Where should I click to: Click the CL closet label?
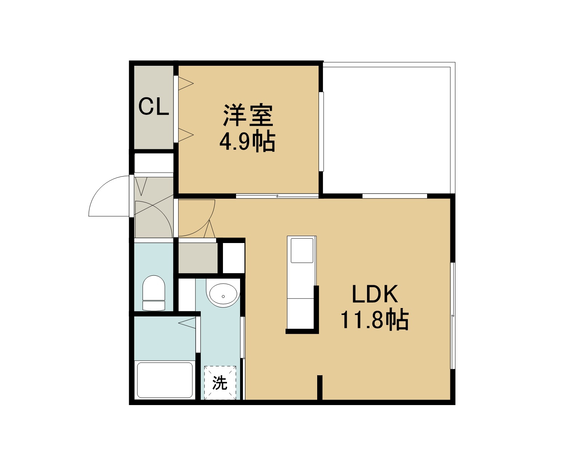point(154,107)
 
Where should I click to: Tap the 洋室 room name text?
point(248,116)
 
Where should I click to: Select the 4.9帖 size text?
point(247,142)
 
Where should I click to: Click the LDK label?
point(375,294)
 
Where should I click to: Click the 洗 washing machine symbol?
point(220,383)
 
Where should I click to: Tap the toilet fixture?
point(154,293)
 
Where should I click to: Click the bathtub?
point(165,380)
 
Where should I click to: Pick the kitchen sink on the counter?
point(302,250)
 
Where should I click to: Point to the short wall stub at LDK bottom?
point(320,388)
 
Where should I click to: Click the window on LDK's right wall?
point(453,316)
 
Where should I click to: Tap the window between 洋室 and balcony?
point(321,132)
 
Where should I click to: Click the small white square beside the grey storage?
point(234,258)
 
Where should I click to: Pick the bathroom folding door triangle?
point(187,323)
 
